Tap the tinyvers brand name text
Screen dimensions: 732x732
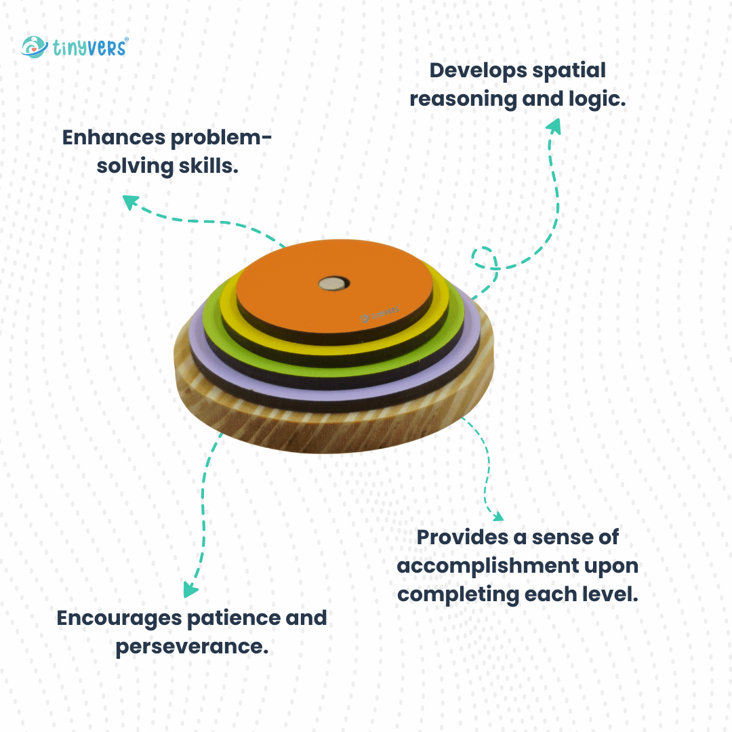click(x=88, y=47)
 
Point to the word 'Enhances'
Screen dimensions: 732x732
click(x=114, y=138)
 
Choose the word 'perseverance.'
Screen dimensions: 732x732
click(x=192, y=647)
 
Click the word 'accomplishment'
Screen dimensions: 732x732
click(x=485, y=566)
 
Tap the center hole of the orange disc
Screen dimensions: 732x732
click(x=333, y=283)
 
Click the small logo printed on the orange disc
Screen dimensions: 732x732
click(x=380, y=312)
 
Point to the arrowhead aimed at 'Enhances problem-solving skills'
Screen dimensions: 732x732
click(x=129, y=201)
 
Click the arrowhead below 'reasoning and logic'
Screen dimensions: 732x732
click(x=554, y=126)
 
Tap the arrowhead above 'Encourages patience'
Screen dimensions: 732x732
click(x=190, y=588)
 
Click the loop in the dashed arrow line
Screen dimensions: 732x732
click(x=485, y=258)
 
